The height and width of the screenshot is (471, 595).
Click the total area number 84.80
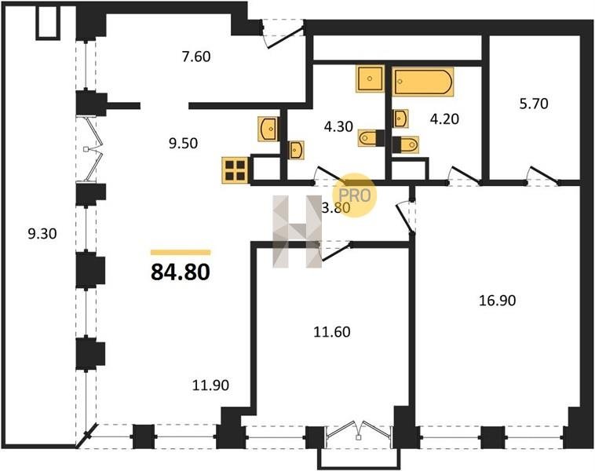(x=181, y=272)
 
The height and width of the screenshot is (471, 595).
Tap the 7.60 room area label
(x=196, y=57)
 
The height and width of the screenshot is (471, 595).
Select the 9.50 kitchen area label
(x=184, y=143)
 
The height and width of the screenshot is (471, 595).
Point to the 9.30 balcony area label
(x=42, y=233)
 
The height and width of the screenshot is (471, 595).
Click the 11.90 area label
(x=210, y=385)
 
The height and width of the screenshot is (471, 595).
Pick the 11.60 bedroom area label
(x=332, y=332)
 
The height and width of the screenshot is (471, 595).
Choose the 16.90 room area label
(x=497, y=301)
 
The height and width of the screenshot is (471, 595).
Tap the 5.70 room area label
(x=534, y=104)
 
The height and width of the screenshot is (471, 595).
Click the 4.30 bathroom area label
(x=339, y=126)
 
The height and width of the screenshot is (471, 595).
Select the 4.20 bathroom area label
(x=444, y=119)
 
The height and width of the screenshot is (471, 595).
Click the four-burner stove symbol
(x=235, y=170)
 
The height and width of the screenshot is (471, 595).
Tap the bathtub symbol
(x=423, y=81)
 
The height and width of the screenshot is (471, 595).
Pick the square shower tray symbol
(x=370, y=78)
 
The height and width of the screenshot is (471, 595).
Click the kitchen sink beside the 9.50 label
(x=268, y=129)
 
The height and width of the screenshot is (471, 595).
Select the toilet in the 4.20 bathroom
(x=406, y=144)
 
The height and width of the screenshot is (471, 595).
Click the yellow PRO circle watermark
(x=355, y=195)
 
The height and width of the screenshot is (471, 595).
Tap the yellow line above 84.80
(x=181, y=253)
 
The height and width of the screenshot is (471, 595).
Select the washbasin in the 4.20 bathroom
(x=400, y=119)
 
